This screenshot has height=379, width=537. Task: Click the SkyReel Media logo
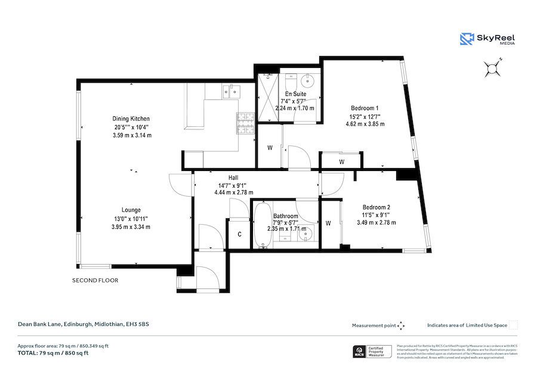tap(488, 39)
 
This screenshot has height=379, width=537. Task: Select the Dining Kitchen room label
tap(131, 119)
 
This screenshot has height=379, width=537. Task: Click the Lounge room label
tap(131, 210)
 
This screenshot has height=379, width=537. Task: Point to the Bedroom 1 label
tap(365, 108)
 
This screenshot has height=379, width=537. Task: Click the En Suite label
tap(295, 94)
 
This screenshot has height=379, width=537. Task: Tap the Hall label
tap(233, 178)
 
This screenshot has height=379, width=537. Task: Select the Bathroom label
tap(285, 216)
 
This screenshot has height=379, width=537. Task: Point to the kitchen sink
tap(231, 91)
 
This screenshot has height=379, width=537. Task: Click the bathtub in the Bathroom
tap(262, 226)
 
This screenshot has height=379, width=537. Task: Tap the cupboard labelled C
tap(239, 234)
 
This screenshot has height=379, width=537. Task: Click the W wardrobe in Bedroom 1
tap(341, 161)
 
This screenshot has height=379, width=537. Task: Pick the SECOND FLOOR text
tap(95, 280)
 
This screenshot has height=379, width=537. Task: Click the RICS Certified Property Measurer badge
tap(371, 352)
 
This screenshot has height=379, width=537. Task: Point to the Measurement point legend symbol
tap(401, 325)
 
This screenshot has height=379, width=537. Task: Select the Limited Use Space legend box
tap(513, 325)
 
